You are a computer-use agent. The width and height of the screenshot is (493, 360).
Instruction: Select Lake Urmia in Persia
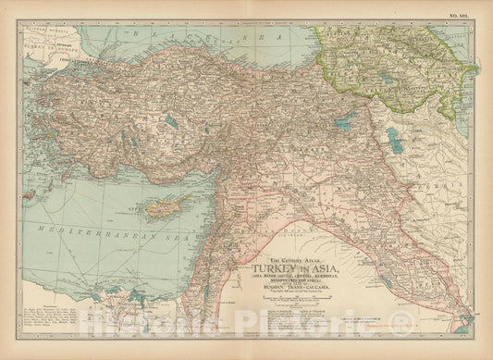(394, 140)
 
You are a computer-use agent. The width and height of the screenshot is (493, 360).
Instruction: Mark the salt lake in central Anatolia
(171, 121)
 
